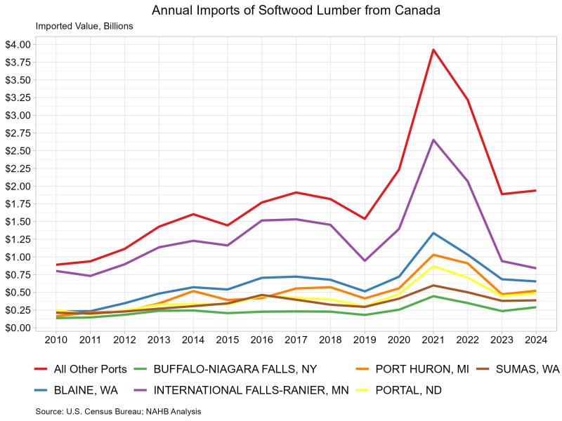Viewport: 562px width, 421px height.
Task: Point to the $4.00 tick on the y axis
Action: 17,44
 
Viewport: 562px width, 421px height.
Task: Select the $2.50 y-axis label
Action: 17,151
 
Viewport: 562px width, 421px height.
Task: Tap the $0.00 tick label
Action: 17,328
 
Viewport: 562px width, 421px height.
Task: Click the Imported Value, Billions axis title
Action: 84,27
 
